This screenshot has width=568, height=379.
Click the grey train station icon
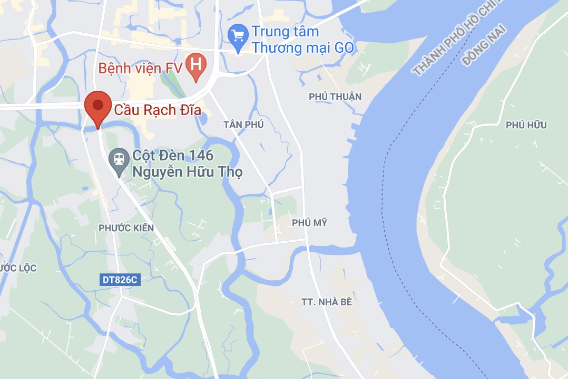(x=119, y=159)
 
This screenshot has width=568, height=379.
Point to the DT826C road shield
(x=120, y=280)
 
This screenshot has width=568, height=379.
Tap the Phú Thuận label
(x=335, y=96)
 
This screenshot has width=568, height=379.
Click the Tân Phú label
(x=243, y=125)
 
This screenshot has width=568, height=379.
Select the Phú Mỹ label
(x=309, y=223)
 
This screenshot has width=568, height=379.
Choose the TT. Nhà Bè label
(x=326, y=302)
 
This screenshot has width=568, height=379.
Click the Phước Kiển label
(x=126, y=228)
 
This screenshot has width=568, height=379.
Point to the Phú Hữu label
(x=526, y=125)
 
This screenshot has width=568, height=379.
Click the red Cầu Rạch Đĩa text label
(x=158, y=111)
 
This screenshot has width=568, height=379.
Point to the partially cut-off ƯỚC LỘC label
(x=18, y=268)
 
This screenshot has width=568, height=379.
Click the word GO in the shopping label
(x=345, y=48)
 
